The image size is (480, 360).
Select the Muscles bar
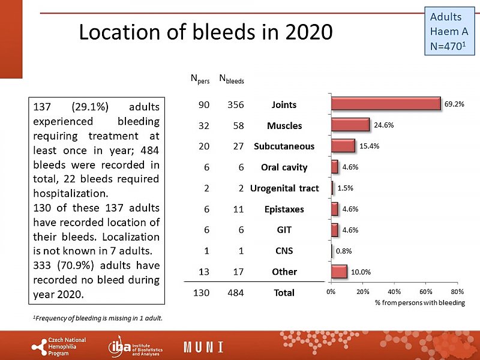point(350,125)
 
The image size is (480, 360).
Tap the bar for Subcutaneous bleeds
point(343,146)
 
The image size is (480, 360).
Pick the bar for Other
point(338,271)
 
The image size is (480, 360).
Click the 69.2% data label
point(454,104)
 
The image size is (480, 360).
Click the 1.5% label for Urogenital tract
point(346,188)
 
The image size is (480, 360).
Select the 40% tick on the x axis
point(394,292)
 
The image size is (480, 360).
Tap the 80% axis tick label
point(457,292)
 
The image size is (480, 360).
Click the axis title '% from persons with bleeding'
point(419,303)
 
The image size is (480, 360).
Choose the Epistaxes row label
point(284,209)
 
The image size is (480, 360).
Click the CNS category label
point(284,251)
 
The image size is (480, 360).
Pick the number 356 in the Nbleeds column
point(235,105)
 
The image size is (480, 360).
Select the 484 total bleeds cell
point(235,293)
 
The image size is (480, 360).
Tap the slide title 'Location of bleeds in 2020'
point(205,32)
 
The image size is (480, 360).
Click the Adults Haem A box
point(449,29)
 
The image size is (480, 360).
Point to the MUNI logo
point(204,347)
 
